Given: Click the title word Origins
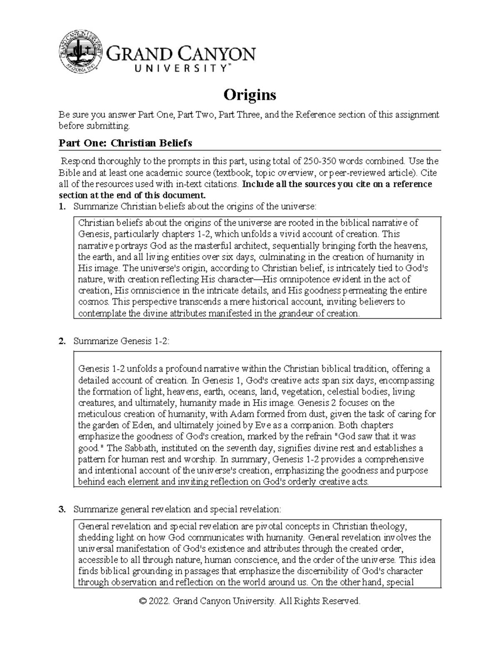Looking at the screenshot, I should pos(250,95).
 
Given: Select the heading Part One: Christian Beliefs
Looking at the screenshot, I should pos(125,143).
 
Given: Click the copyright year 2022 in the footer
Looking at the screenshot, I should pos(158,601).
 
